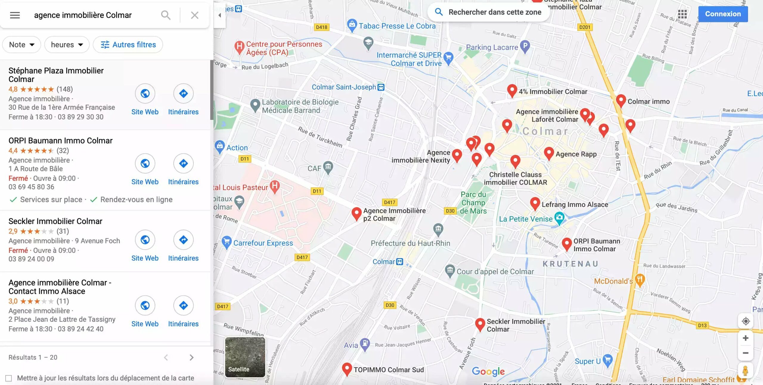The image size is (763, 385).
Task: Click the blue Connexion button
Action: coord(723,14)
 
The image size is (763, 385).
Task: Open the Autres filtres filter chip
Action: coord(128,45)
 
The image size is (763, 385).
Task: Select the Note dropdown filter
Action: coord(21,45)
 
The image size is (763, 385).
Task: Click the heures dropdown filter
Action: coord(67,45)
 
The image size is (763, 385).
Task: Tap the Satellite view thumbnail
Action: coord(245,357)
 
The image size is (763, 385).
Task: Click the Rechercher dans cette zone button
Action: coord(489,12)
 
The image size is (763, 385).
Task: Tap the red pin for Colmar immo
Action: coord(621,100)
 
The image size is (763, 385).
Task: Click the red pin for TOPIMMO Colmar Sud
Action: coord(347,369)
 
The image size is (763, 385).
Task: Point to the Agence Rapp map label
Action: coord(576,154)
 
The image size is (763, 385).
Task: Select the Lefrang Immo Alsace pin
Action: coord(535,203)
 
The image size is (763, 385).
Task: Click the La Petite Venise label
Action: coord(525,219)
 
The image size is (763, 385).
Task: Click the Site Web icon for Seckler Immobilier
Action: coord(145,240)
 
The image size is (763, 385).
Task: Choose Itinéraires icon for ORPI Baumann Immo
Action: coord(183,163)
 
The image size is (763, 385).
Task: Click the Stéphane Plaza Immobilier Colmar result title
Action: coord(56,75)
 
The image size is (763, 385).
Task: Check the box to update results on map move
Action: coord(9,378)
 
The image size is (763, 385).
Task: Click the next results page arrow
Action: coord(192,357)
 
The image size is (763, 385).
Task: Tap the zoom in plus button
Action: coord(745,338)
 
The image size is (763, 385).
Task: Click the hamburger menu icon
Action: coord(15,15)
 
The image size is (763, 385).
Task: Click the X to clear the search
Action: coord(195,15)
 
